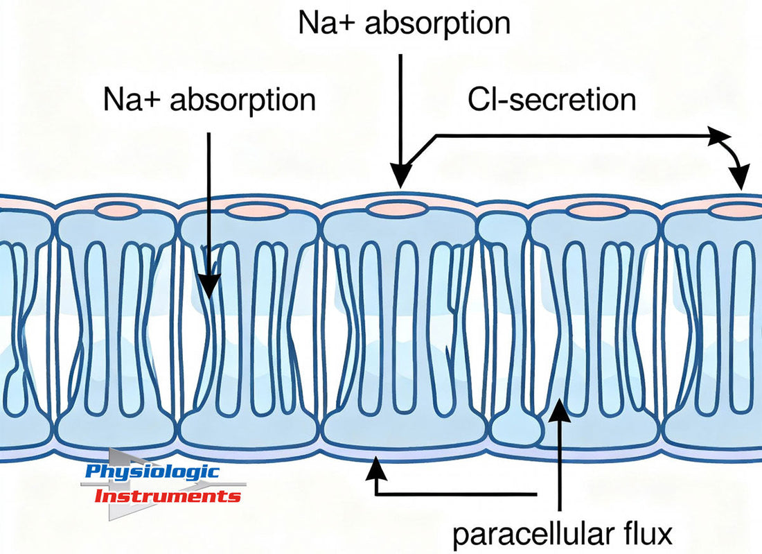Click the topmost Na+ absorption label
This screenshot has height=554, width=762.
pyautogui.click(x=404, y=22)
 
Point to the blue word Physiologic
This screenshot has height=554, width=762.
pyautogui.click(x=152, y=473)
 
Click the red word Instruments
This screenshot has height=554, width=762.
pyautogui.click(x=167, y=496)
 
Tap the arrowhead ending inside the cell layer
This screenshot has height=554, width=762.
pyautogui.click(x=209, y=284)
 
